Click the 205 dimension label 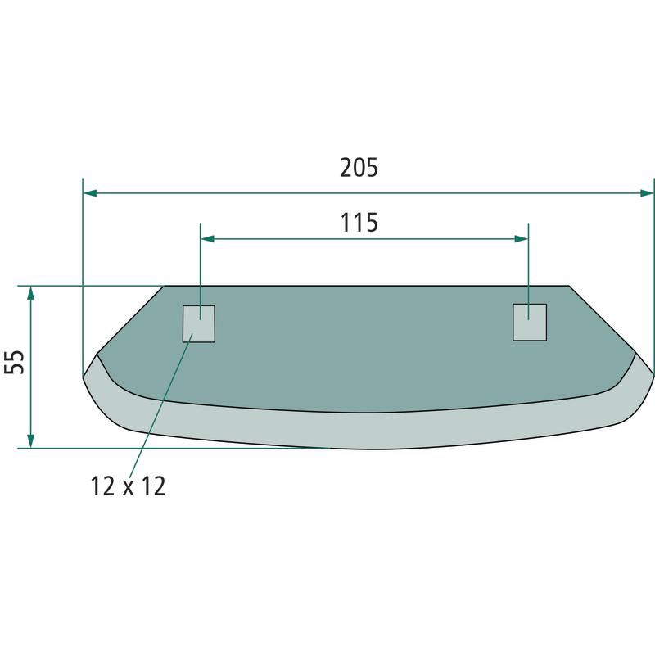(x=359, y=168)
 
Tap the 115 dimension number (x=359, y=222)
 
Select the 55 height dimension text (x=15, y=362)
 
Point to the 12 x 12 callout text (x=129, y=486)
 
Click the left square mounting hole (x=199, y=323)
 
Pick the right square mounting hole (x=530, y=322)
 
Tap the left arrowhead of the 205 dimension (x=90, y=193)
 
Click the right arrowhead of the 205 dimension (x=647, y=193)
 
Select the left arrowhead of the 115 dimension (x=208, y=239)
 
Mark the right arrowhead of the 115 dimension (x=522, y=239)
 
